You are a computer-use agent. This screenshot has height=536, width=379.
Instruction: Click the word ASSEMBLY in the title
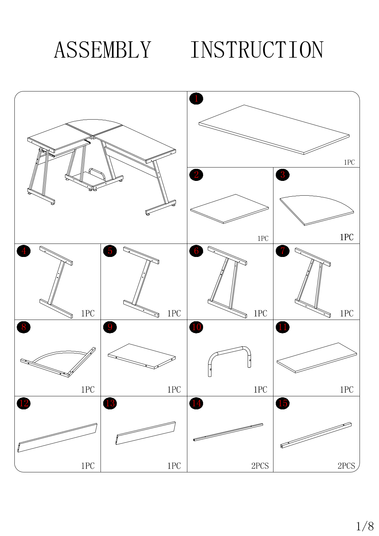pos(103,50)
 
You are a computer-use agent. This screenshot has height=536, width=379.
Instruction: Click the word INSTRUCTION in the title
pos(257,50)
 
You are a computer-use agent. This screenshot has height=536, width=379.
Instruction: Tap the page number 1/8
pos(365,526)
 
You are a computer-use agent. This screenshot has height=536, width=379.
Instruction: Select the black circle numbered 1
pos(196,98)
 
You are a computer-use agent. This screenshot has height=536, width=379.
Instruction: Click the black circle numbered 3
pos(282,175)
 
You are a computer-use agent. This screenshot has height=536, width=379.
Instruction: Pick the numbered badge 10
pos(196,327)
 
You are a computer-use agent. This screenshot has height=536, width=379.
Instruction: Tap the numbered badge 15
pos(282,403)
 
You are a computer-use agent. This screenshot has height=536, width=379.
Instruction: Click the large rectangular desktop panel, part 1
pos(274,130)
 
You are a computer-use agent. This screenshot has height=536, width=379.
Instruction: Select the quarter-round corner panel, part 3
pos(317,210)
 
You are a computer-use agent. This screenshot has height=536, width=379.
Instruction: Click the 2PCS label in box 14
pos(260,466)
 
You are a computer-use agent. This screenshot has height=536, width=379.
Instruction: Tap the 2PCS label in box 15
pos(346,466)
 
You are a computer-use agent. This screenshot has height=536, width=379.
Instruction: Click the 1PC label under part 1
pos(349,162)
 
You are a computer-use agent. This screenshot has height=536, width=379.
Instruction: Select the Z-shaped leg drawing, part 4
pos(56,282)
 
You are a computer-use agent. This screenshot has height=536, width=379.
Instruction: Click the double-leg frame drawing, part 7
pos(313,283)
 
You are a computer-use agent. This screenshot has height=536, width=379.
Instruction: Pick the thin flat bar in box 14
pos(228,432)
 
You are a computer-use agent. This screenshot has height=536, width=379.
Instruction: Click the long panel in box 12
pos(57,438)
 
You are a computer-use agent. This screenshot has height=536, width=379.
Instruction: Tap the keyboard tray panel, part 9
pos(142,356)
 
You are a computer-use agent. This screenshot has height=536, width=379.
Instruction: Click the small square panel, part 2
pos(230,209)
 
